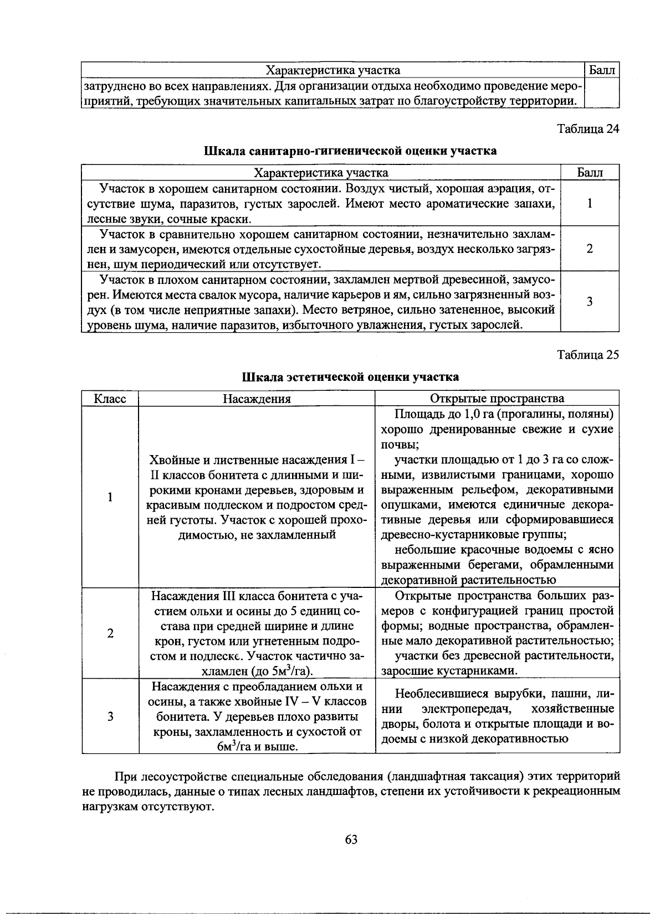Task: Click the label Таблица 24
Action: (587, 129)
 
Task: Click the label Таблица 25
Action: (587, 355)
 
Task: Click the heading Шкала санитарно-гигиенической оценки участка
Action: (350, 151)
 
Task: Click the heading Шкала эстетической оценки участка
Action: (350, 377)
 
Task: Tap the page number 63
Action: (351, 839)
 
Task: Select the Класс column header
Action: (110, 399)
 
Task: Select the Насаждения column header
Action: (257, 399)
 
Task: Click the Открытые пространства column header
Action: (497, 399)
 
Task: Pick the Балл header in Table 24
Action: (590, 173)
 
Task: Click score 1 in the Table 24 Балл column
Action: (590, 203)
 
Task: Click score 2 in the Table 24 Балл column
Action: (590, 249)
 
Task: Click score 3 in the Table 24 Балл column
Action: (590, 302)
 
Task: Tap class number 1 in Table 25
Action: (110, 497)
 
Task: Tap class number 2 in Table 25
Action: (110, 633)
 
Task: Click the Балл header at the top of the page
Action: (602, 70)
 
